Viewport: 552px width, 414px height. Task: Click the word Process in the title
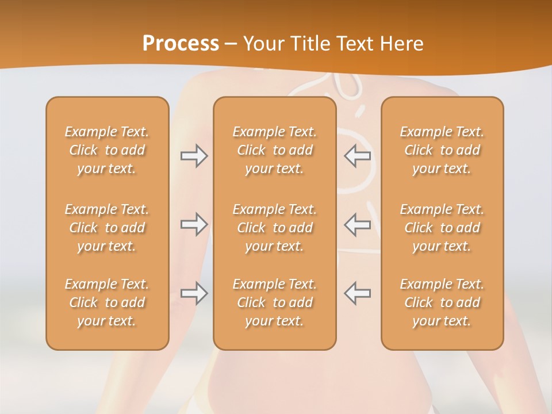point(181,44)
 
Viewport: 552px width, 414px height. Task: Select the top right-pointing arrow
point(194,156)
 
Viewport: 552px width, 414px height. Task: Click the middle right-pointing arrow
point(194,224)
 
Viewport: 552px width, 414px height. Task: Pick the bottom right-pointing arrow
point(194,293)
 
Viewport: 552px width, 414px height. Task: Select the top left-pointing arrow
point(357,156)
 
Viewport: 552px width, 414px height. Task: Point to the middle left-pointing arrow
point(357,224)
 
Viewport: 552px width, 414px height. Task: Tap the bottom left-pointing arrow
point(357,293)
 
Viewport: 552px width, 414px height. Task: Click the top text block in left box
point(107,150)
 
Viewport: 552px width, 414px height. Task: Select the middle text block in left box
point(107,228)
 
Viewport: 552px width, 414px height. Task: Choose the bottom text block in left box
point(107,302)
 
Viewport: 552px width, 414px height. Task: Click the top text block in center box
point(274,150)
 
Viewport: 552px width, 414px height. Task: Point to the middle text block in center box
point(274,228)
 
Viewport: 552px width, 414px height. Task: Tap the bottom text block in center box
point(274,302)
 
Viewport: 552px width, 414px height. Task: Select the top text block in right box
point(442,150)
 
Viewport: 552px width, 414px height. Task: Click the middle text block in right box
point(442,228)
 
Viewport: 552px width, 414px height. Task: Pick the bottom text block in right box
point(442,302)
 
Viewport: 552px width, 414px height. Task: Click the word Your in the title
point(263,44)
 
